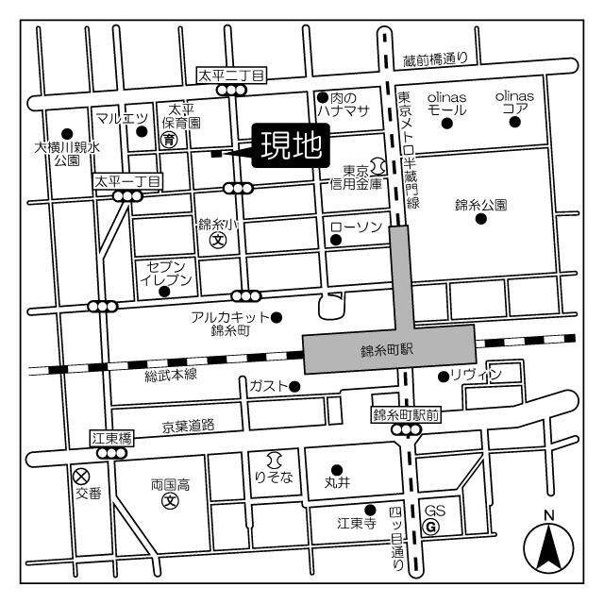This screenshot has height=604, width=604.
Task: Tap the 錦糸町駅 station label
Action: (x=388, y=349)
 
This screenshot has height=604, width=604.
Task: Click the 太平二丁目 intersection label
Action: (x=231, y=74)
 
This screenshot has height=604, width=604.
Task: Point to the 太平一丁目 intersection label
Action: (x=127, y=179)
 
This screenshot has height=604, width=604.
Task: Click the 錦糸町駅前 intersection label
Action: (x=405, y=414)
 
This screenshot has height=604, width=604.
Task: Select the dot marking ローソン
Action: (x=335, y=240)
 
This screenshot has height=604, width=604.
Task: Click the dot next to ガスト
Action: (x=294, y=386)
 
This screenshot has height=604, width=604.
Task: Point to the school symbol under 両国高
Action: (x=170, y=500)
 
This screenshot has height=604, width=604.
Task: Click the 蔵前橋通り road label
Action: (x=435, y=59)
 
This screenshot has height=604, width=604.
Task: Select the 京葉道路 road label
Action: (x=188, y=427)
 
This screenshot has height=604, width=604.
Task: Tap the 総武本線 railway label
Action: (x=170, y=376)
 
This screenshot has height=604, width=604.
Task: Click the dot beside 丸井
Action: (x=337, y=469)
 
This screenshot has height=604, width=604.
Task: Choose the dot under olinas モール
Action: (x=446, y=123)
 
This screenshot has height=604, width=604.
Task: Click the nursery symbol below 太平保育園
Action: (x=169, y=141)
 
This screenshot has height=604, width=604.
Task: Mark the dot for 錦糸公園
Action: (x=481, y=219)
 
